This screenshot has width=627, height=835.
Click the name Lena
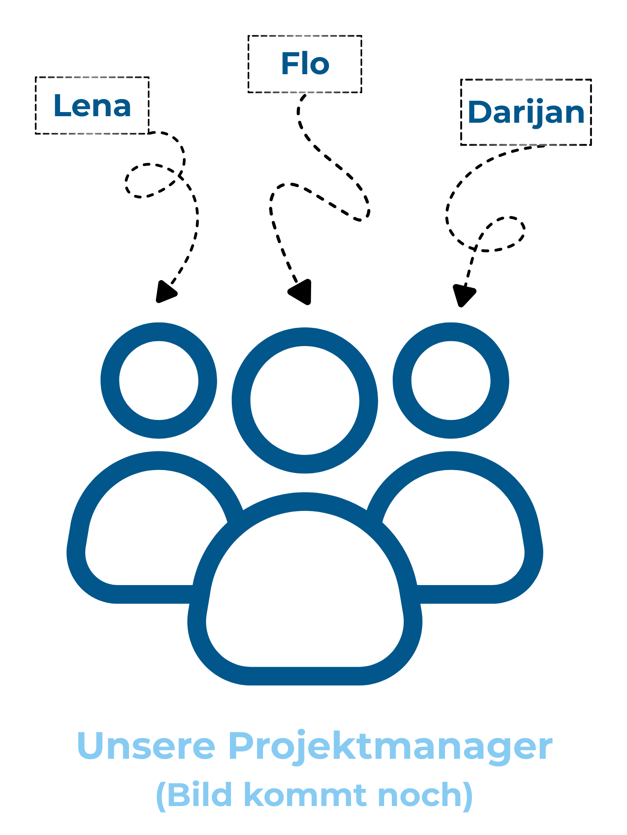pyautogui.click(x=92, y=106)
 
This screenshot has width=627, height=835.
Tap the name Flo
pyautogui.click(x=305, y=64)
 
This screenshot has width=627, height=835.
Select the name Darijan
pyautogui.click(x=526, y=112)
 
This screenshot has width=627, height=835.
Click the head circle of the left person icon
pyautogui.click(x=159, y=380)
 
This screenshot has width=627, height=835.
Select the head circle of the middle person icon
pyautogui.click(x=305, y=400)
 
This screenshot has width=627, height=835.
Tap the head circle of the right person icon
pyautogui.click(x=451, y=380)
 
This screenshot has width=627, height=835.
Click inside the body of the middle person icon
pyautogui.click(x=305, y=591)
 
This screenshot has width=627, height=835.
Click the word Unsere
pyautogui.click(x=146, y=746)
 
